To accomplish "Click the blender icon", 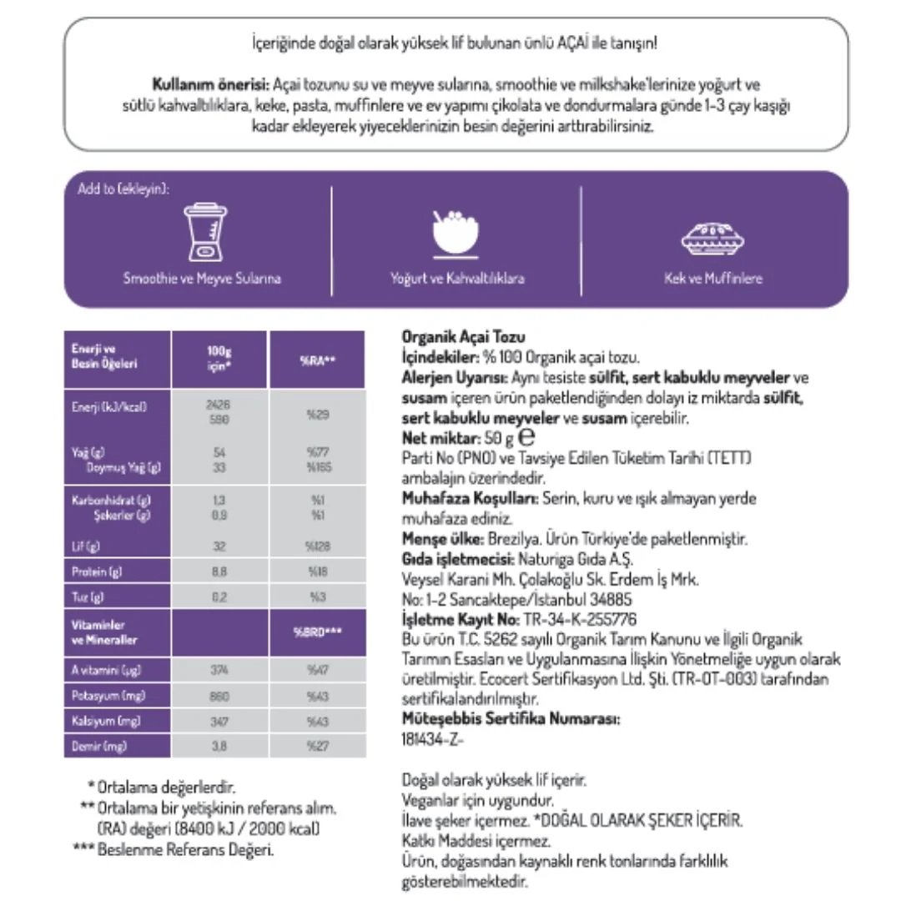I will [201, 234].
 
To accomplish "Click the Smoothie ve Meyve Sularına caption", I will [202, 279].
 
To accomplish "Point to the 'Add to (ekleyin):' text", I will [123, 189].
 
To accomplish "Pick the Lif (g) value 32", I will [220, 547].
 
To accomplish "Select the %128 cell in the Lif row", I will [318, 547].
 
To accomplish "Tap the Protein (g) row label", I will [93, 572].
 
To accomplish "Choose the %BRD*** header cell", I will [318, 632].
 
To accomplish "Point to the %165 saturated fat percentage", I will [318, 468].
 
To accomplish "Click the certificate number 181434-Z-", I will [432, 738].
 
